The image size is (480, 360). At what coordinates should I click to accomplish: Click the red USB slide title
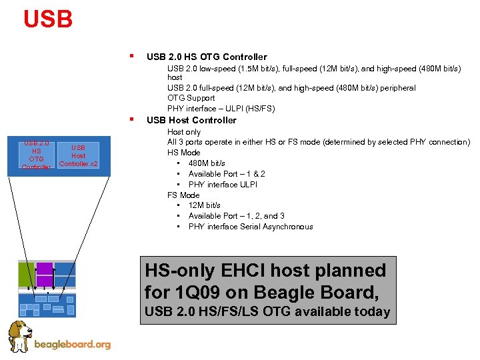[47, 19]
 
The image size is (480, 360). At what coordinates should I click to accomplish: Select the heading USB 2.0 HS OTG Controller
[206, 57]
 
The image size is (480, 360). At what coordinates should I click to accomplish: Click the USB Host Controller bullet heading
[191, 120]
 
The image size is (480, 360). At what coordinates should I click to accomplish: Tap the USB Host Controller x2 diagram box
[79, 156]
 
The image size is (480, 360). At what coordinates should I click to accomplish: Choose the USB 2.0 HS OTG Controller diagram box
[36, 155]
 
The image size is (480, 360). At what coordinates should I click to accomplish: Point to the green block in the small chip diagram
[26, 274]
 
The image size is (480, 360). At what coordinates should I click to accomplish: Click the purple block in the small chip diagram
[45, 274]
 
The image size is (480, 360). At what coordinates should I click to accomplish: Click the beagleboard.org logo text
[72, 345]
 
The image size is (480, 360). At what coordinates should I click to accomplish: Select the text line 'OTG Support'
[191, 98]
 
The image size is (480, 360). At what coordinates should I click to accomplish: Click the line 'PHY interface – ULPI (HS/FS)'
[221, 109]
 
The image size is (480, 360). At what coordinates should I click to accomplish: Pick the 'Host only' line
[183, 132]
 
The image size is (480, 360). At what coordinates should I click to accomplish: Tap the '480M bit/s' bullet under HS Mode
[207, 163]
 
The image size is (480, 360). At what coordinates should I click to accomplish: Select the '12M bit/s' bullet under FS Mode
[204, 205]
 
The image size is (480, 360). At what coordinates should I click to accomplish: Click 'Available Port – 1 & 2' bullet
[227, 174]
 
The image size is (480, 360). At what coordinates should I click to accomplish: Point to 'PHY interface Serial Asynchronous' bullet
[250, 227]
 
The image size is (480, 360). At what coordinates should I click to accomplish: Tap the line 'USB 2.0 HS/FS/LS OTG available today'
[267, 311]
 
